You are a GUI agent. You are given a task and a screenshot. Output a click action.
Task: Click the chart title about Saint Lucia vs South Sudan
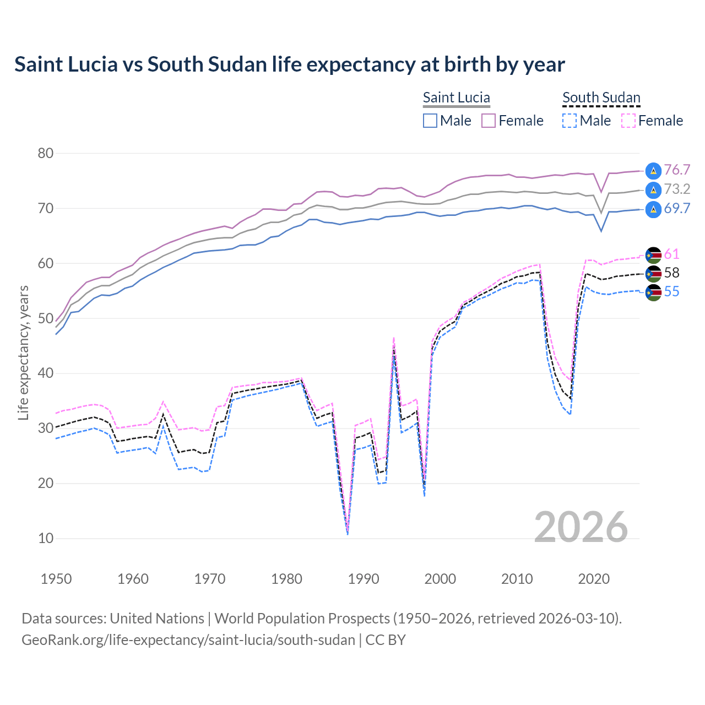click(x=290, y=64)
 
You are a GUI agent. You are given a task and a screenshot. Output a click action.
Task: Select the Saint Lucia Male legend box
click(x=430, y=121)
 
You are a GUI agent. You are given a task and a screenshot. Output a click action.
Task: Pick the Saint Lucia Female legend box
click(x=489, y=121)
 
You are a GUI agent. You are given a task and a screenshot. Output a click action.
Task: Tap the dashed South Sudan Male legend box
click(x=570, y=121)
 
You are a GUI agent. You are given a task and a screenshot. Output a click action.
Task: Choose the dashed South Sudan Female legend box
click(x=628, y=121)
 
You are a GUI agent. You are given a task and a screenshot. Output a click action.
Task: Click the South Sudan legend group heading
click(x=601, y=97)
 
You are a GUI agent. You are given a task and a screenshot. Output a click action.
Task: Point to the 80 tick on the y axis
click(x=46, y=153)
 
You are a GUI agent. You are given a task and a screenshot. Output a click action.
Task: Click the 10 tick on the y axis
click(x=46, y=538)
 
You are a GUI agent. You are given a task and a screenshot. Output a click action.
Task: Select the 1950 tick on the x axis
click(x=56, y=579)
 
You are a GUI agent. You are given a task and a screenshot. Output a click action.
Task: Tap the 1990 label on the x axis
click(x=364, y=579)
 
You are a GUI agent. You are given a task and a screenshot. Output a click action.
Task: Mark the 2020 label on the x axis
click(x=594, y=579)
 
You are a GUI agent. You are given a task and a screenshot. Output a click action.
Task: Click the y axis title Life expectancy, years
click(x=23, y=352)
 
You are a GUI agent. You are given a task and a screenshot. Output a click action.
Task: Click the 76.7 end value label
click(x=677, y=170)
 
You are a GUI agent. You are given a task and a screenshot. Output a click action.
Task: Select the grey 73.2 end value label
click(x=677, y=189)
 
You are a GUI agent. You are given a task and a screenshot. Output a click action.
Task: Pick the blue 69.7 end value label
click(x=677, y=208)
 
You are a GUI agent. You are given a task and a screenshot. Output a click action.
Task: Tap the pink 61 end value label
click(x=671, y=254)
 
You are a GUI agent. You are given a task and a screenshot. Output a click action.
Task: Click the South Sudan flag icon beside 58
click(x=653, y=273)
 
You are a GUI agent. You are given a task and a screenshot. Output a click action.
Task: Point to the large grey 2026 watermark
click(x=581, y=527)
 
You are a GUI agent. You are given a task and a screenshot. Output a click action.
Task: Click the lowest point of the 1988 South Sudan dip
click(x=348, y=533)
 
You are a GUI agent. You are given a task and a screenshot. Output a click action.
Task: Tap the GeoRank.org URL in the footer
click(x=188, y=640)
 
